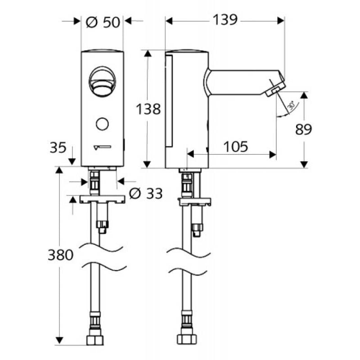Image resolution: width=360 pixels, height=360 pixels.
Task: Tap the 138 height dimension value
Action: [x=149, y=109]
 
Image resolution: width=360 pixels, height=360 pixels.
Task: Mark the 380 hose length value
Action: [x=60, y=255]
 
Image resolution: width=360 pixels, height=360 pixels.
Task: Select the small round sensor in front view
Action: [x=103, y=123]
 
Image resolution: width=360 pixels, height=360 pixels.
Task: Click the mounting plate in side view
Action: [x=195, y=200]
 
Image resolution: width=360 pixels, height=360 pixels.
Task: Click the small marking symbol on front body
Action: [x=103, y=147]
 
